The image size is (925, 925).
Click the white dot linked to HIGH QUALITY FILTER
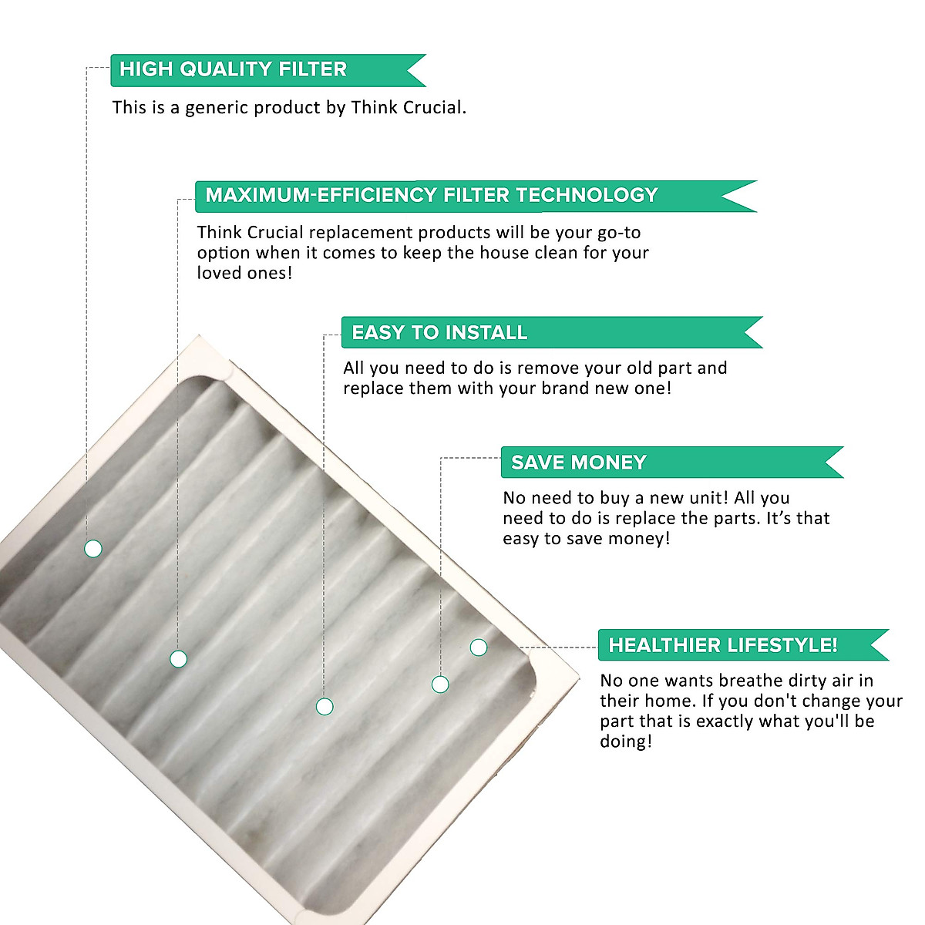(93, 549)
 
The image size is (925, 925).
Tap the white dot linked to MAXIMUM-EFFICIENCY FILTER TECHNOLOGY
(178, 659)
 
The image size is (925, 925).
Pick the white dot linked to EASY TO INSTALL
(325, 706)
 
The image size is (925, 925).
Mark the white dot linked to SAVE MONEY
(440, 684)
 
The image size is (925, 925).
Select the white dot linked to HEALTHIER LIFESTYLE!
(479, 647)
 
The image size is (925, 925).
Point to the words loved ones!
(244, 273)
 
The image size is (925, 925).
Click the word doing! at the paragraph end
(626, 742)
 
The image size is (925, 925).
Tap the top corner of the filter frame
(199, 338)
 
